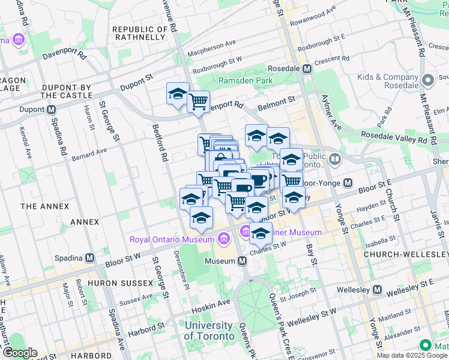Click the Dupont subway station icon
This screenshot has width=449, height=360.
(x=52, y=110)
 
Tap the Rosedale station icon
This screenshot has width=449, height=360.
(x=307, y=69)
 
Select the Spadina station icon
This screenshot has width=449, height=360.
(x=90, y=257)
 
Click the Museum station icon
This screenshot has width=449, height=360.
(x=243, y=261)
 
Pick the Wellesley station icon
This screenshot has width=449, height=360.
(x=376, y=290)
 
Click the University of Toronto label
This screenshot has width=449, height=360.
(x=208, y=331)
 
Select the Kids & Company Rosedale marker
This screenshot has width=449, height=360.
(x=428, y=80)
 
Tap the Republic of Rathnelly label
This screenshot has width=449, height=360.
(x=139, y=33)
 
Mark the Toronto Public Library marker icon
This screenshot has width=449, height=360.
(x=334, y=160)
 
